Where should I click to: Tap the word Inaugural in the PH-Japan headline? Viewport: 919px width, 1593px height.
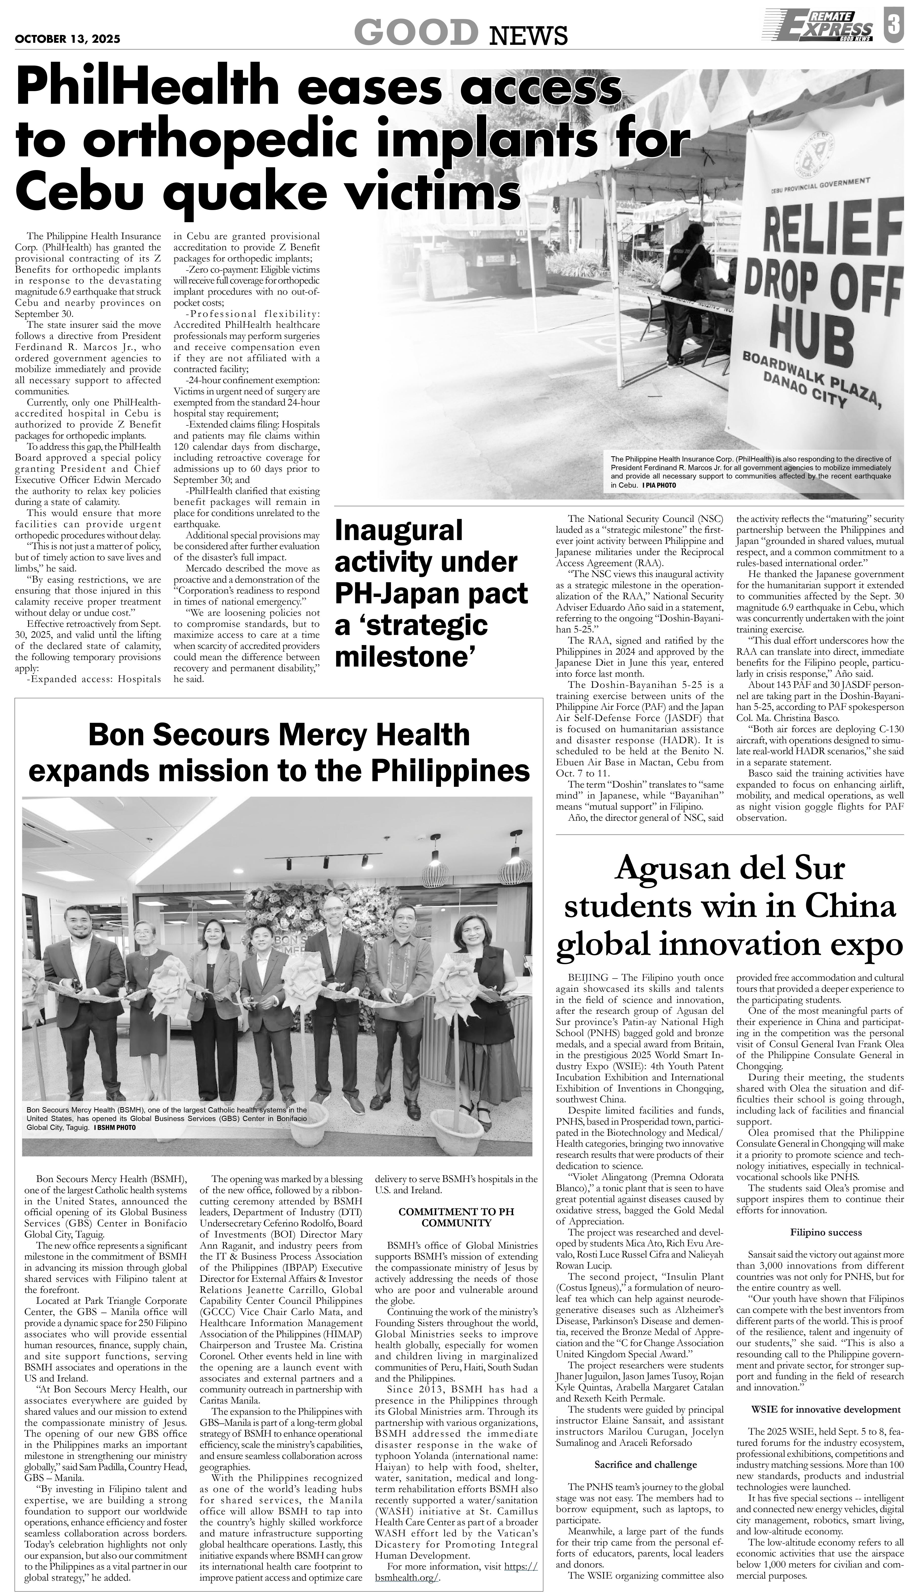pyautogui.click(x=399, y=530)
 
